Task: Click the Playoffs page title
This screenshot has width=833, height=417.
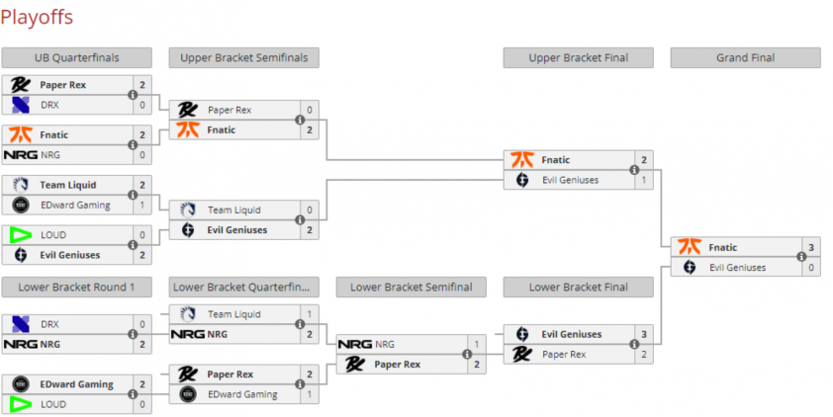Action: pos(37,18)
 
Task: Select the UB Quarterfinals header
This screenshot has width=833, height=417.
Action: pos(76,58)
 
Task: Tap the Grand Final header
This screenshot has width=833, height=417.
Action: pos(745,58)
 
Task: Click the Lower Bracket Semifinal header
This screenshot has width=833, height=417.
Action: pos(412,287)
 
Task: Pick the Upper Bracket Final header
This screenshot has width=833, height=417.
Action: pos(579,58)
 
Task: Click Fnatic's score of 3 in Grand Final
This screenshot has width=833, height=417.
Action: pos(811,247)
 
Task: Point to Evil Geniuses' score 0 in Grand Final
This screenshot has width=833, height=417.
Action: pos(811,268)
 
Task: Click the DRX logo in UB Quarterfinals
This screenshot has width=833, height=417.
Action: pos(21,105)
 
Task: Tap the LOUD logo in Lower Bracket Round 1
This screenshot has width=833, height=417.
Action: pos(21,404)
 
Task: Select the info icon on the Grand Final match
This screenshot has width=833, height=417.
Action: pos(801,257)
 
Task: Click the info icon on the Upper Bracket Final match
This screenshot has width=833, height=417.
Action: pos(634,170)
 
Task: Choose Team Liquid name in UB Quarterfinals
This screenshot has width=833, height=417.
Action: pos(68,185)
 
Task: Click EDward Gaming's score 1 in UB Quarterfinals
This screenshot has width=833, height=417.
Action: pos(142,205)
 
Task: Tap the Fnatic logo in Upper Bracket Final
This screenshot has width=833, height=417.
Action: pos(522,160)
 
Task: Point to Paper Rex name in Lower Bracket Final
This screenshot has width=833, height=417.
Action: pos(564,355)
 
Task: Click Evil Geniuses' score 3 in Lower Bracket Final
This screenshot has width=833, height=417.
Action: pos(644,334)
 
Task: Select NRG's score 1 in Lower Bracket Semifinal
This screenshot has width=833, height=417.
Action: pos(477,344)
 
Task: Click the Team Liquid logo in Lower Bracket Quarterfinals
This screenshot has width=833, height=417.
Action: pos(188,314)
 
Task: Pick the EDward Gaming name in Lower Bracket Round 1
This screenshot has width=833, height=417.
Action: pos(76,384)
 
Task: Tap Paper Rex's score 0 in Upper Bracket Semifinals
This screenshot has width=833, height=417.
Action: pos(310,110)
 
